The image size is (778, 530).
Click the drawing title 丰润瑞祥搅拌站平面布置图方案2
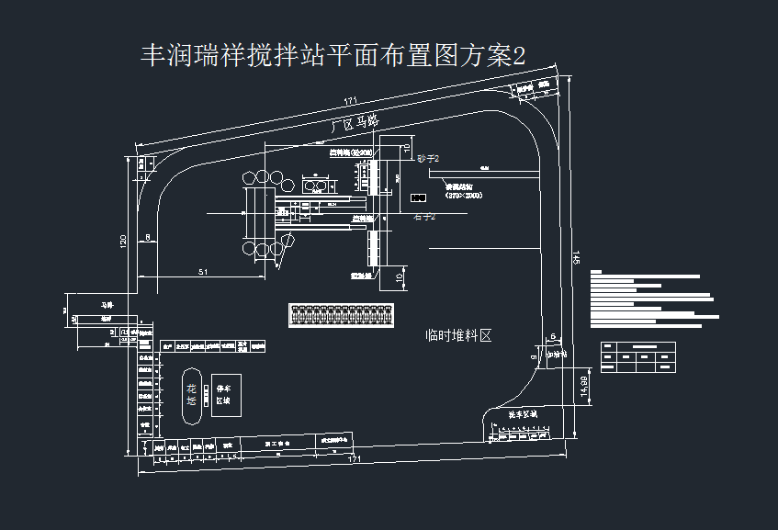(x=333, y=55)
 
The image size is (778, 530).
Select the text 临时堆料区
(x=459, y=336)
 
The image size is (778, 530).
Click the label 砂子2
(x=428, y=159)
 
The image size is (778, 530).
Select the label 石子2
(x=423, y=217)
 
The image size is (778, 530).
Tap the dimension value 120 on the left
(x=123, y=241)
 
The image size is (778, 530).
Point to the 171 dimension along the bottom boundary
(x=355, y=459)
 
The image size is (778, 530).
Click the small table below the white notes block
(x=637, y=356)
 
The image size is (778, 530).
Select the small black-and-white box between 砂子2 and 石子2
(x=419, y=197)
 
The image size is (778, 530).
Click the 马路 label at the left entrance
(x=107, y=304)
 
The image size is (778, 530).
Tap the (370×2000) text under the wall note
(x=464, y=196)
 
